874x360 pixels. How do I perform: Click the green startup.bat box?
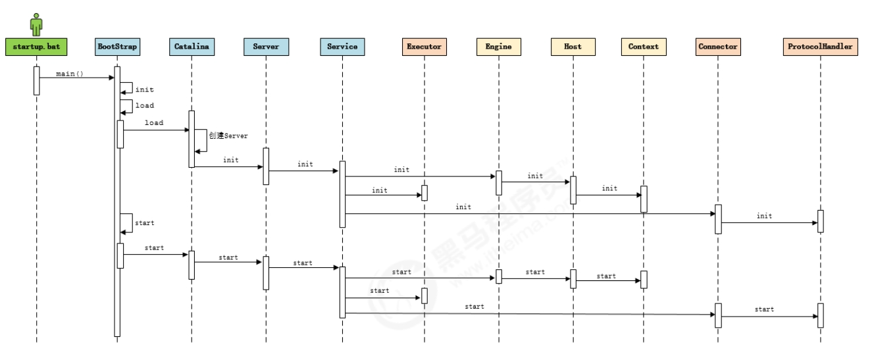point(36,47)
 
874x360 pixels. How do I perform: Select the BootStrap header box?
point(117,47)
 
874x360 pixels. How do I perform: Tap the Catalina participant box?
point(192,47)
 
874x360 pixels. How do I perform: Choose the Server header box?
point(266,47)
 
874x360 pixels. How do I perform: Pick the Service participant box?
point(342,47)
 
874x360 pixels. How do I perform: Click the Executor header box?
point(424,47)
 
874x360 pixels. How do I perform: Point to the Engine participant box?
point(498,47)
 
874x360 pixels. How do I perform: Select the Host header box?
point(573,47)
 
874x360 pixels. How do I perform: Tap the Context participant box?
point(643,47)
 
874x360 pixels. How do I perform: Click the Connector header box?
point(717,47)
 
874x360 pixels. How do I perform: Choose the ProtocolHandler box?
point(820,47)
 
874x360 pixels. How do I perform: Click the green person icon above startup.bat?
point(36,24)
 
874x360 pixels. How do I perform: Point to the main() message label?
point(70,74)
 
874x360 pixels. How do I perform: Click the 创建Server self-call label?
point(228,136)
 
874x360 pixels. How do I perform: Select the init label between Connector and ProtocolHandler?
point(764,216)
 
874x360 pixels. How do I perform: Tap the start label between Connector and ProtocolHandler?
point(764,309)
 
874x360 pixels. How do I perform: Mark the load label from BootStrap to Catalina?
point(154,123)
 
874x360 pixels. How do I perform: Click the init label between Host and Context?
point(610,188)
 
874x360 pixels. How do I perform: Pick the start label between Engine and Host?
point(535,272)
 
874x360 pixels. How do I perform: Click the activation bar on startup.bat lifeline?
point(36,80)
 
